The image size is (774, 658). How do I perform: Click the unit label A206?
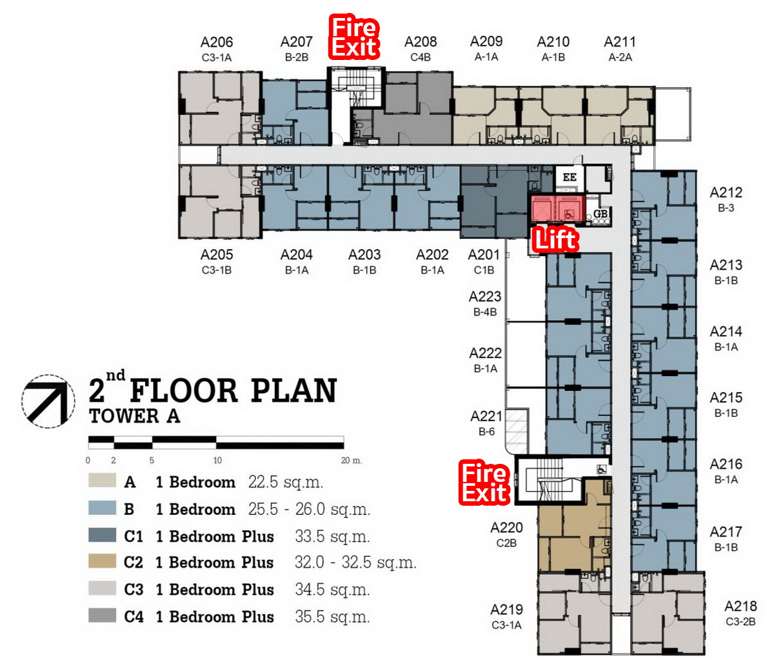217,42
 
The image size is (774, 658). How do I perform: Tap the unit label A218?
740,606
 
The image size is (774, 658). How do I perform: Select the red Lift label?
555,239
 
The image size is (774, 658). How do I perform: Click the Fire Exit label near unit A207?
354,37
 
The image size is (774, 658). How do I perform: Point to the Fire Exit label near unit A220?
484,483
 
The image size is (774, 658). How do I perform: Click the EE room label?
570,177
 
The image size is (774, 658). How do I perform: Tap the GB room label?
600,214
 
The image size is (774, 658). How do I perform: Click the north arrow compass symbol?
48,401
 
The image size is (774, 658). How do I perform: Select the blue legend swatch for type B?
102,508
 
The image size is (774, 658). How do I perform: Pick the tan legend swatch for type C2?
102,561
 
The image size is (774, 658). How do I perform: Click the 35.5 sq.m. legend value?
332,617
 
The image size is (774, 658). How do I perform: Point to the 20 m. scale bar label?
352,460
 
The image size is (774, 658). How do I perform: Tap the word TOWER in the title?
124,416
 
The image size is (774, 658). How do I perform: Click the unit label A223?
485,297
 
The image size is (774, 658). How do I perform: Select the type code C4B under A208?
420,57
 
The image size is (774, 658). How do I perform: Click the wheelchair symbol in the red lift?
568,215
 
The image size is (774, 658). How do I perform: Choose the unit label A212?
726,192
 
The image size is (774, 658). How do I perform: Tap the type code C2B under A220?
506,543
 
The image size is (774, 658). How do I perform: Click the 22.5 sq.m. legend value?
285,482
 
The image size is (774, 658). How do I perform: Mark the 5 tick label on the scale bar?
152,460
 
